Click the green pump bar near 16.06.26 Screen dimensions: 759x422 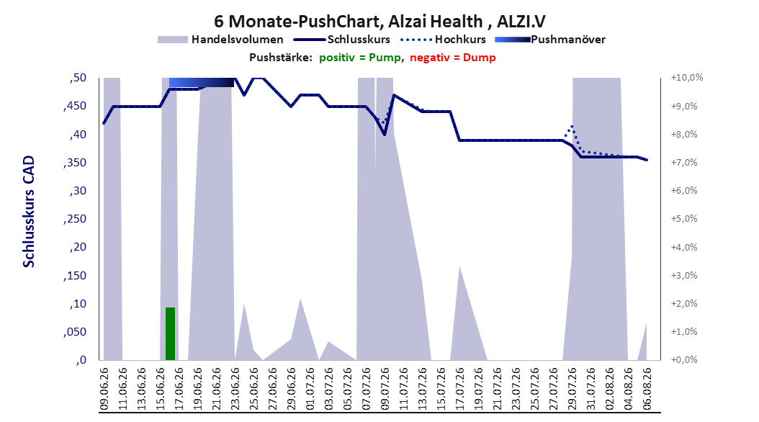171,333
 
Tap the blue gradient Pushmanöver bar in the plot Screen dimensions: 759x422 202,82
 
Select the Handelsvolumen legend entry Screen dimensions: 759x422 220,40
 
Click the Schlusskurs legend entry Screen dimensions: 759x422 342,40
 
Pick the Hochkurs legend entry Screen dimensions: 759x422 443,40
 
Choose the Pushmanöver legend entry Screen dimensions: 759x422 550,40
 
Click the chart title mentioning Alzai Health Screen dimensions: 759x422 380,22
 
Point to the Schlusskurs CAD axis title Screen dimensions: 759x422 29,212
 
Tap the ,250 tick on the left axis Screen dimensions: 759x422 75,219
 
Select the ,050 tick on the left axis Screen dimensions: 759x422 75,332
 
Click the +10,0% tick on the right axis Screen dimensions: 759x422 687,78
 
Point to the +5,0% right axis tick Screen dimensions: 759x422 684,219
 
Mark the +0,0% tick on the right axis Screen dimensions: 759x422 684,360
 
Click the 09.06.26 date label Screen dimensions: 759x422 104,389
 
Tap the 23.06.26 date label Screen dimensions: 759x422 235,389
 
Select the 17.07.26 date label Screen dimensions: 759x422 460,389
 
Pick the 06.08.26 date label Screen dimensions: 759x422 647,389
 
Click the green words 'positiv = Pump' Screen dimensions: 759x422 360,58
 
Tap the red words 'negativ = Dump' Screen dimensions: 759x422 453,58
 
